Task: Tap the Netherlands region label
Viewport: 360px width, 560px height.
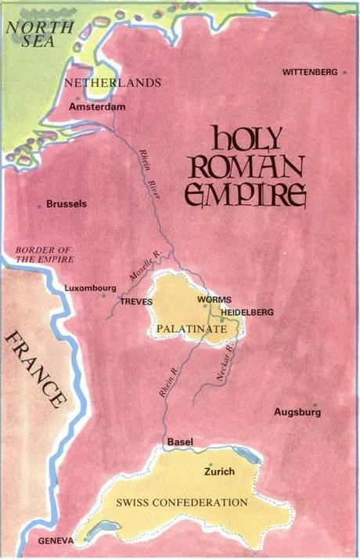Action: click(x=113, y=82)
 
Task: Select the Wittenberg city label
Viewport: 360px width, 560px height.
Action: click(x=311, y=72)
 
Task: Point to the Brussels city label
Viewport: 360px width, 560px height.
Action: click(x=67, y=204)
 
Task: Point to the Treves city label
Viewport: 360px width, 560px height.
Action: click(x=135, y=301)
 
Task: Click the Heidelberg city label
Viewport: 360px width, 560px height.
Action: click(x=247, y=312)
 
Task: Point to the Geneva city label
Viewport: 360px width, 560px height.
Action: click(x=55, y=541)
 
